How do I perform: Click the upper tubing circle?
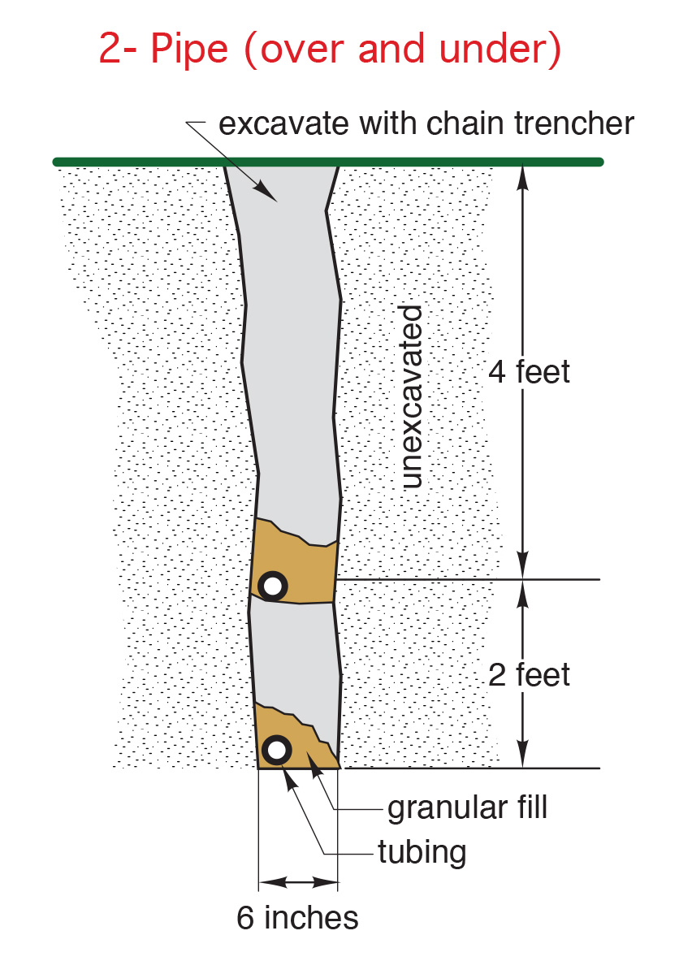[x=273, y=587]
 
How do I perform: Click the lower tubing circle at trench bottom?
[x=276, y=750]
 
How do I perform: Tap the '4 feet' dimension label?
[x=529, y=371]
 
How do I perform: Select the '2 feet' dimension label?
[x=529, y=675]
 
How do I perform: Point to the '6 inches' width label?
[x=297, y=917]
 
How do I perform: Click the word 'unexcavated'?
[x=412, y=396]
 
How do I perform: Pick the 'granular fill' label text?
[x=467, y=807]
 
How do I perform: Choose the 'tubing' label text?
[x=422, y=852]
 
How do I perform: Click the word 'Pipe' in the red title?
[x=189, y=49]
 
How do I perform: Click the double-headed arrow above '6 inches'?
[x=298, y=882]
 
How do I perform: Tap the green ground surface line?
[x=328, y=162]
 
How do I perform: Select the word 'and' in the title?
[x=391, y=48]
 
